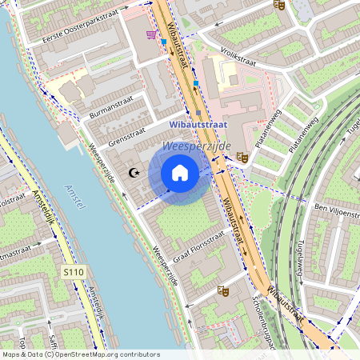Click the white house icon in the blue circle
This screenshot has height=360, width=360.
click(180, 173)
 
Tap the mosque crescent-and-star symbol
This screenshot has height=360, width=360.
click(134, 173)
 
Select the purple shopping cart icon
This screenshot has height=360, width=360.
click(151, 35)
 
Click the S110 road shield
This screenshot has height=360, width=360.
click(73, 273)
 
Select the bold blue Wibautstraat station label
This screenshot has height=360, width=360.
click(198, 126)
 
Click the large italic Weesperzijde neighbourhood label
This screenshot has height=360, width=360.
click(196, 146)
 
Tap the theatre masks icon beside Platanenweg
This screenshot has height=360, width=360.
click(242, 158)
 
